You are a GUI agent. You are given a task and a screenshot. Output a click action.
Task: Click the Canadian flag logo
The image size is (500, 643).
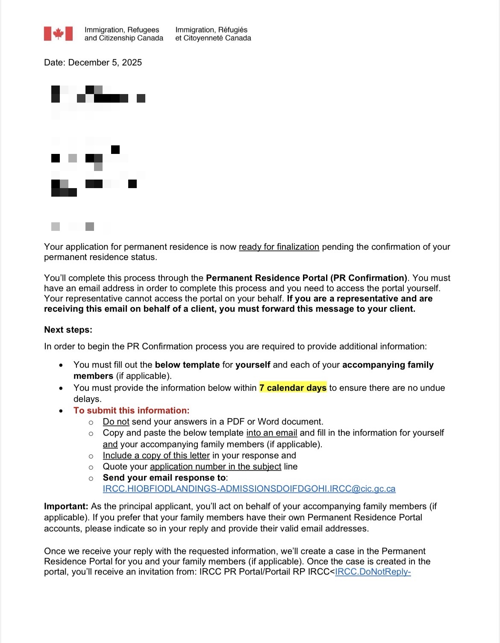pos(58,34)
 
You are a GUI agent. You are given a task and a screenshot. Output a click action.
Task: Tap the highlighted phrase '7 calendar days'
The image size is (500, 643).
pos(293,388)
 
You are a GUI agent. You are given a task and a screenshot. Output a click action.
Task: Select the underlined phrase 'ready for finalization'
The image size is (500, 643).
pos(279,247)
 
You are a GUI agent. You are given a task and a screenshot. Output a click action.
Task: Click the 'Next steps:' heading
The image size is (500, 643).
pos(68,330)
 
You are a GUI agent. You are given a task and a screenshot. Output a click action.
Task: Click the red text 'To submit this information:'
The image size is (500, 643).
pos(131,410)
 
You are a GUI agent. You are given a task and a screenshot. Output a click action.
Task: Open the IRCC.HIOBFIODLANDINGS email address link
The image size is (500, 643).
pos(249,489)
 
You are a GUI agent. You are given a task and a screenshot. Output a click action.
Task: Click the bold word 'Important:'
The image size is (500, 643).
pos(66,506)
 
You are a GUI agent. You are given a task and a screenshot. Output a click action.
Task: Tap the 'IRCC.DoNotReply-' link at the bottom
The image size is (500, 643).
pos(373,572)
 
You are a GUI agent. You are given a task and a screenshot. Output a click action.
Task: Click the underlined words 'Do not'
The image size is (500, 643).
pos(116,422)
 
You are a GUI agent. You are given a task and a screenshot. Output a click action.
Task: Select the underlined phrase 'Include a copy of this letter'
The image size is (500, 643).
pos(156,455)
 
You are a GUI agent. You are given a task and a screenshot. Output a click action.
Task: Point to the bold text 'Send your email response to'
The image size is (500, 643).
pos(164,478)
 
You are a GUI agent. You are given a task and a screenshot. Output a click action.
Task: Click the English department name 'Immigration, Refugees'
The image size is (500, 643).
pos(122,29)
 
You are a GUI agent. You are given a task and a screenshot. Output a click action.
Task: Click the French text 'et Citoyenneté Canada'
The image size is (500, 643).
pos(213,38)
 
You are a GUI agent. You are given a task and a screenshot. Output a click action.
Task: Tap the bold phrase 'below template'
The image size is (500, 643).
pos(187,365)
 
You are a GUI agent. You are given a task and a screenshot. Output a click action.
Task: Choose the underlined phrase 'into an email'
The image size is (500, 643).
pos(271,433)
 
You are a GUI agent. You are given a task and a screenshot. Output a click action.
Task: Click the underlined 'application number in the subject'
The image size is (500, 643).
pos(215,466)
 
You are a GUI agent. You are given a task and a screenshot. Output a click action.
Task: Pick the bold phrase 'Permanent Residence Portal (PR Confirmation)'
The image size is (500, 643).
pos(306,278)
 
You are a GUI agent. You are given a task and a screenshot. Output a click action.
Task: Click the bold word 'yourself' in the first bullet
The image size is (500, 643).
pos(253,365)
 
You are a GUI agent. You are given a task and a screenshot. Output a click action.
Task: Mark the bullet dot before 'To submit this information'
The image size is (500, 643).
pos(62,411)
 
